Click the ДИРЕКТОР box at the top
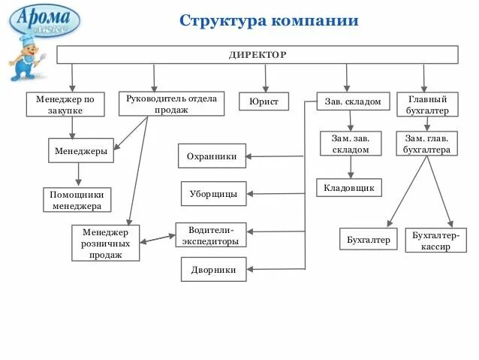click(x=258, y=55)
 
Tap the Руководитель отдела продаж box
click(x=171, y=104)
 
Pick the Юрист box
click(x=264, y=101)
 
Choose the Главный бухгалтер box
click(x=427, y=104)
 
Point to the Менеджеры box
click(x=81, y=151)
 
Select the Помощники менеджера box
click(x=77, y=200)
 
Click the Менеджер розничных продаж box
click(x=106, y=244)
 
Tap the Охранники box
click(x=212, y=156)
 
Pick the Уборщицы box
click(x=213, y=194)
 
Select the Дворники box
click(x=213, y=269)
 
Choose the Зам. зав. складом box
click(x=351, y=144)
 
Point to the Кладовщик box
click(x=349, y=187)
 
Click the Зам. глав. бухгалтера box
click(x=426, y=144)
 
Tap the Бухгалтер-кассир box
click(x=435, y=241)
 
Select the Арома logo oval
click(x=44, y=19)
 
